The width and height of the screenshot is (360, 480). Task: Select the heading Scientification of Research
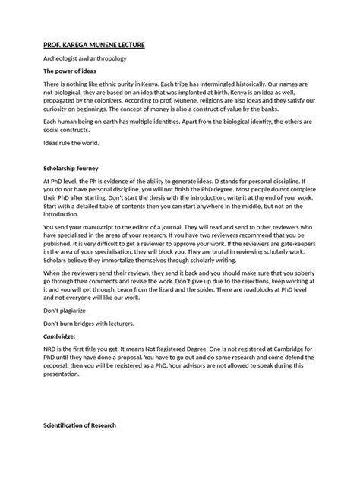click(x=81, y=425)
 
